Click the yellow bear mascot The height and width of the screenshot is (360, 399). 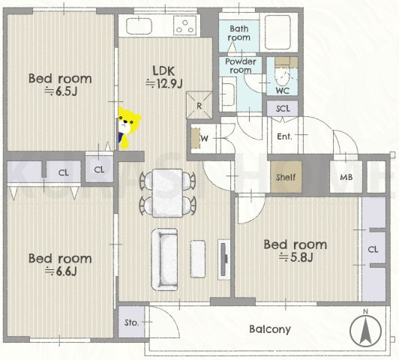(x=129, y=127)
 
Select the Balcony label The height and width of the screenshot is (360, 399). (x=270, y=329)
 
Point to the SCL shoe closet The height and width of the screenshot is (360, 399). (x=283, y=109)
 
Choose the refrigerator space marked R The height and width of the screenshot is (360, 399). (x=199, y=105)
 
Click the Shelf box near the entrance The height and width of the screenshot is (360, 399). (x=286, y=177)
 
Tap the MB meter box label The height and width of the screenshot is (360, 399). (x=346, y=177)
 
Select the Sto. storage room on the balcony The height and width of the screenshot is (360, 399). (x=131, y=322)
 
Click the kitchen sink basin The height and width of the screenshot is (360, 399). (x=139, y=26)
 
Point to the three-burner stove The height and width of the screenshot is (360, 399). (x=185, y=26)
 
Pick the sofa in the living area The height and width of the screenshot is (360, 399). (x=165, y=259)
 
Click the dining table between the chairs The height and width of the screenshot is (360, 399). (x=167, y=193)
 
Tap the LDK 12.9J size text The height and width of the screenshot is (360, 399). (x=163, y=77)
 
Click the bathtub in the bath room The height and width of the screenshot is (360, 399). (x=277, y=32)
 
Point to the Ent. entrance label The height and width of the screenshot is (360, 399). (x=284, y=136)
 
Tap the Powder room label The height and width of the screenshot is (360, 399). (x=241, y=66)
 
